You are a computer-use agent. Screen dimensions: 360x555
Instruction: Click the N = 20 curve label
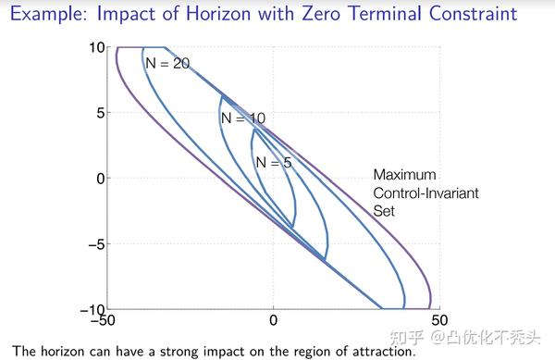point(167,62)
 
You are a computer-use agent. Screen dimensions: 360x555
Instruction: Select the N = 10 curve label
point(243,118)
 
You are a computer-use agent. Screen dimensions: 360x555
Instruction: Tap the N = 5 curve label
point(273,162)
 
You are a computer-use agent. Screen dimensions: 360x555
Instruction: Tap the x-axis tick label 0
point(273,321)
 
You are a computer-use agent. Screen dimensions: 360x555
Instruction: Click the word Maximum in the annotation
point(404,175)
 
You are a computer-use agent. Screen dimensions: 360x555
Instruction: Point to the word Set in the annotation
point(384,210)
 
